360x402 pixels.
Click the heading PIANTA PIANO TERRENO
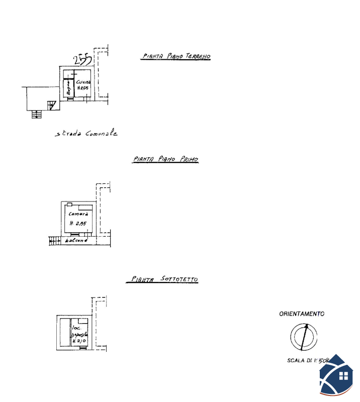pos(175,57)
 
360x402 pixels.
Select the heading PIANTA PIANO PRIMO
pos(166,159)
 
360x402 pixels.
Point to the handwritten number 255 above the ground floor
pos(82,60)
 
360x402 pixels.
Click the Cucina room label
pos(83,82)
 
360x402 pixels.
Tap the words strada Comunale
pos(86,134)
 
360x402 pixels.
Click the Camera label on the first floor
pos(78,214)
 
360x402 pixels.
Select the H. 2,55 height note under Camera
pos(78,224)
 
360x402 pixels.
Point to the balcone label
pos(76,241)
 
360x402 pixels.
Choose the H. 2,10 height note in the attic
pos(80,341)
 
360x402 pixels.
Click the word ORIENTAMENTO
pos(302,314)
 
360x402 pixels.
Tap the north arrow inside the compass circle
pos(304,337)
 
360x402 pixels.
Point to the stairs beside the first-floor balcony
pos(54,241)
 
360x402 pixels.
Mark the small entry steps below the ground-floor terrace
pos(36,114)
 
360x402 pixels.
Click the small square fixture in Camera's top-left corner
pos(69,205)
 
